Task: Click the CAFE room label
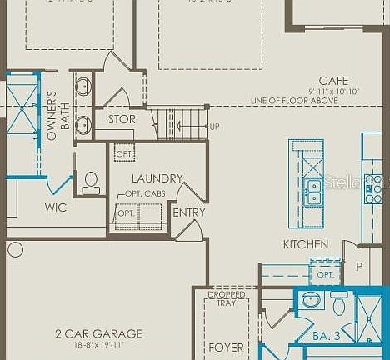[x=333, y=81]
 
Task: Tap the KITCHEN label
[x=306, y=244]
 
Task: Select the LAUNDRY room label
[x=157, y=178]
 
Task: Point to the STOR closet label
[x=122, y=119]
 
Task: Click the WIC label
[x=56, y=207]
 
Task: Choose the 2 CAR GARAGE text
[x=98, y=333]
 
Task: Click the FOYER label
[x=226, y=347]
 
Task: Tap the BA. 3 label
[x=326, y=336]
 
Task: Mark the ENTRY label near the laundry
[x=188, y=212]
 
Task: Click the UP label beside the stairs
[x=215, y=127]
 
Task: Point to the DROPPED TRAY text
[x=227, y=298]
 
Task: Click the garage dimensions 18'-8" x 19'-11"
[x=98, y=345]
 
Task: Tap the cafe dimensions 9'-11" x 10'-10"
[x=333, y=91]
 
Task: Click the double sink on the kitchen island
[x=313, y=192]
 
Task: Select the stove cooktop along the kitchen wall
[x=373, y=189]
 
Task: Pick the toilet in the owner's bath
[x=91, y=182]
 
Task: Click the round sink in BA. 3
[x=311, y=300]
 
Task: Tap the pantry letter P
[x=360, y=267]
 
